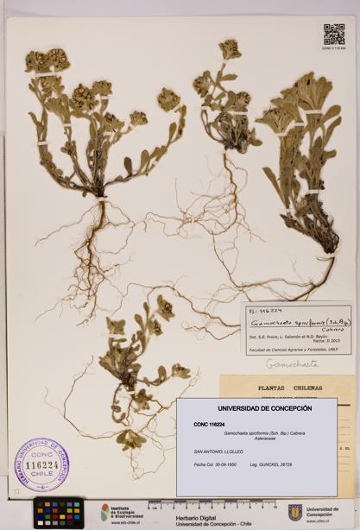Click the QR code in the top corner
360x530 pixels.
click(x=334, y=35)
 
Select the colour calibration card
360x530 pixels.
click(x=58, y=512)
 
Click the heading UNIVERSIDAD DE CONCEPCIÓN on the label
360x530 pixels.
click(x=256, y=408)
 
